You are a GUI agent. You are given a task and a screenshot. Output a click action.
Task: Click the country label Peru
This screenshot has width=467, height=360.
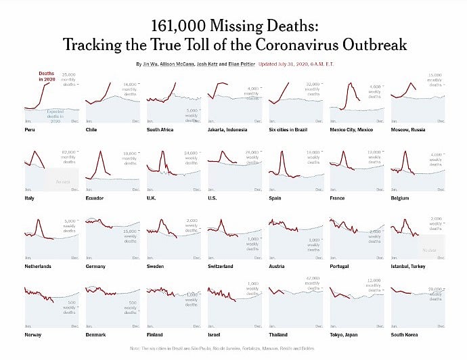click(29, 129)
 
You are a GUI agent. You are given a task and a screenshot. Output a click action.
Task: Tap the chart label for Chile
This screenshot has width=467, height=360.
click(91, 129)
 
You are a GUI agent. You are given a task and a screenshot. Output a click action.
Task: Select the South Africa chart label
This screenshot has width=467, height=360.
click(161, 129)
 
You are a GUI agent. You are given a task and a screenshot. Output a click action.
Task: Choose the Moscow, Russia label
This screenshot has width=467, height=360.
click(408, 129)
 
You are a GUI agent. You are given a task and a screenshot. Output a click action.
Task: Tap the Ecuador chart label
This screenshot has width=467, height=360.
click(95, 198)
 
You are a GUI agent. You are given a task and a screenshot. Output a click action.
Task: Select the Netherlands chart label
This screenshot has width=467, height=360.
click(38, 266)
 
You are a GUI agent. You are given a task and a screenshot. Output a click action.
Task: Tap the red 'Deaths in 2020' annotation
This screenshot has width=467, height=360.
click(47, 76)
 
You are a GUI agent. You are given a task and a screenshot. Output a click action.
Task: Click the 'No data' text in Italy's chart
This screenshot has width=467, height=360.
click(63, 182)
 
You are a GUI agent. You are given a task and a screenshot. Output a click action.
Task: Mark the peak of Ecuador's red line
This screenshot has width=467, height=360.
click(102, 151)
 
